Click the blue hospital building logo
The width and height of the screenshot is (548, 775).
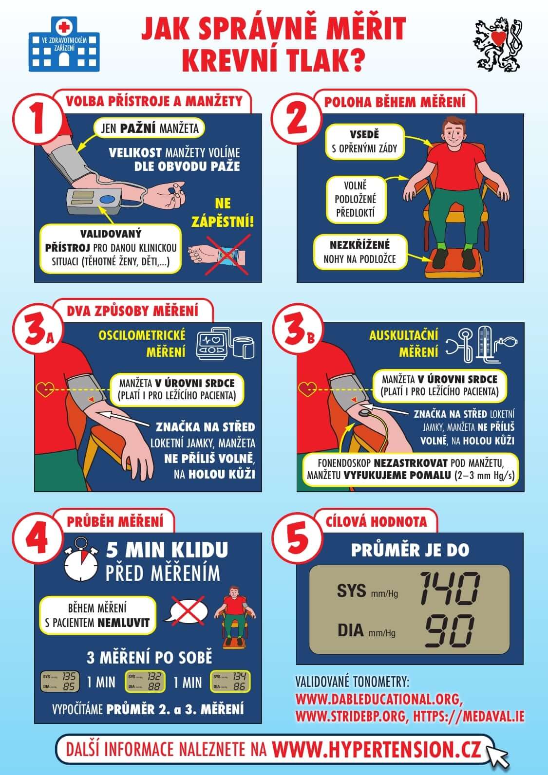64,44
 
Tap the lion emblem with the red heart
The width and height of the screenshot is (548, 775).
498,45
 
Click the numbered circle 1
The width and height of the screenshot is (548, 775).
38,119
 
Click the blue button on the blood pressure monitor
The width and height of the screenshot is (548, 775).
108,200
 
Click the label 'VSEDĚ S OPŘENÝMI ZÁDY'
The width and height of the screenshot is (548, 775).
364,142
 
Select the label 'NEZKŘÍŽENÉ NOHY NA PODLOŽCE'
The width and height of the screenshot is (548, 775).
359,252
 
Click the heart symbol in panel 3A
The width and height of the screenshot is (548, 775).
45,389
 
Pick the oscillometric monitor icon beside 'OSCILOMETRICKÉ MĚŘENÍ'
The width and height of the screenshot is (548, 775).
225,343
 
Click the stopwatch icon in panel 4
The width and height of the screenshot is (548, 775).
81,559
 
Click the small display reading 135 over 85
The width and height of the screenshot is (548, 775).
60,682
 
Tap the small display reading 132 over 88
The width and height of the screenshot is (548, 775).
145,682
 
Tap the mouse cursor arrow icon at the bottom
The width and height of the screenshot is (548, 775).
496,757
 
